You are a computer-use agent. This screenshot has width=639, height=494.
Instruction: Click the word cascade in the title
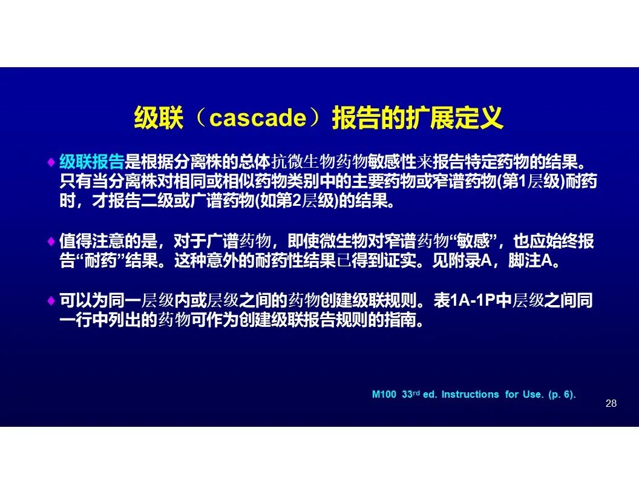click(258, 118)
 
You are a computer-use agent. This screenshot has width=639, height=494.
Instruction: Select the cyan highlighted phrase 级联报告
click(92, 162)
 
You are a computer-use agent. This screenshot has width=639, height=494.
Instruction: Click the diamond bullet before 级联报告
click(51, 162)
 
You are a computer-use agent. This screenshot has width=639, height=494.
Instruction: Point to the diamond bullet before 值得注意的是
click(51, 242)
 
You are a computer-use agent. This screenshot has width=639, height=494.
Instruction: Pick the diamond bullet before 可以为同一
click(51, 301)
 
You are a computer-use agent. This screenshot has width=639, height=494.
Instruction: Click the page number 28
click(611, 403)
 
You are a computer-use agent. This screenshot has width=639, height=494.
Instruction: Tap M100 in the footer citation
click(384, 395)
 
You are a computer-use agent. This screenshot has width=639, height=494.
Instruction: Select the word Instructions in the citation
click(470, 395)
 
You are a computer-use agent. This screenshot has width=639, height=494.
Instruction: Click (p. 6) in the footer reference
click(561, 395)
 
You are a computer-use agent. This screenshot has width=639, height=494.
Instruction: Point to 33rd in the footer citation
click(411, 394)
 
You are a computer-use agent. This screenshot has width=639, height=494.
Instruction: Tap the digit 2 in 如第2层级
click(297, 201)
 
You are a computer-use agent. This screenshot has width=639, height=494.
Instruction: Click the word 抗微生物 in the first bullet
click(304, 162)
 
